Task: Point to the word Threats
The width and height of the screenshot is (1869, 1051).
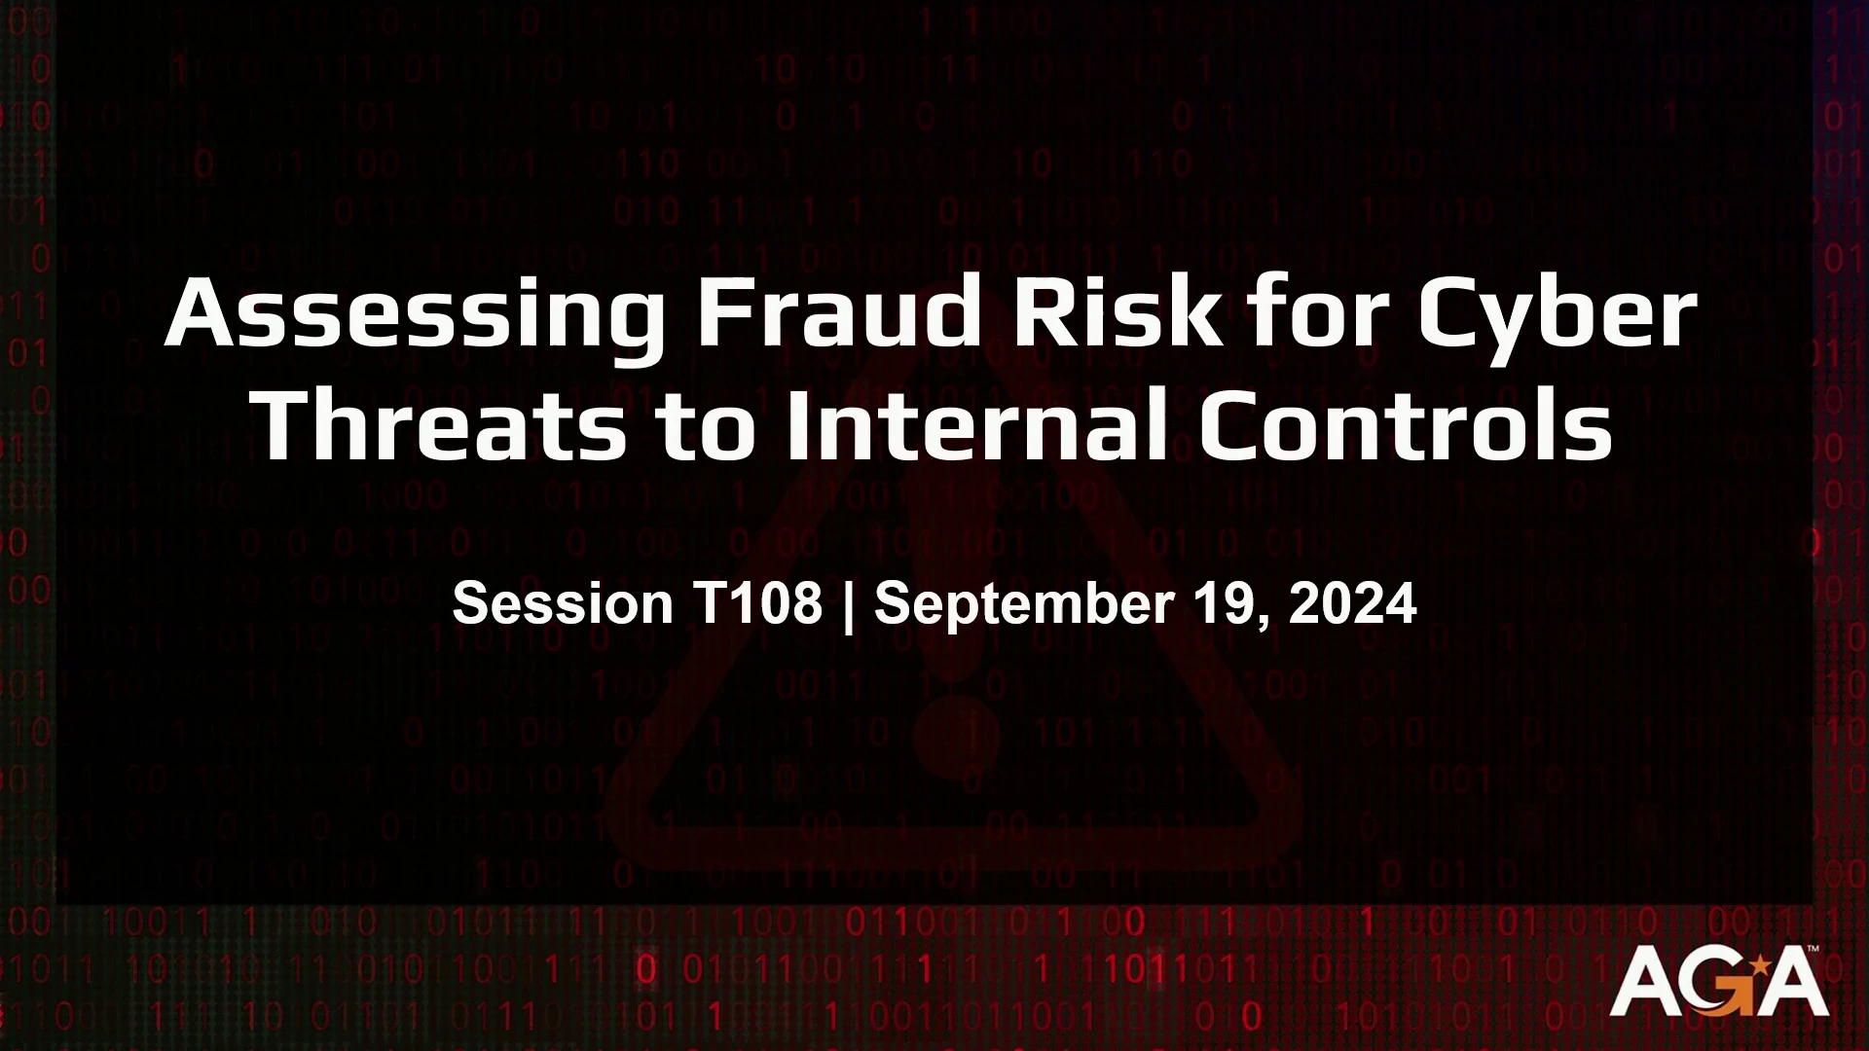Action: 439,424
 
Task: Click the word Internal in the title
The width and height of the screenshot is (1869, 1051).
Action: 974,424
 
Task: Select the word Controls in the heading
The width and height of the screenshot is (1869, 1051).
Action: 1405,424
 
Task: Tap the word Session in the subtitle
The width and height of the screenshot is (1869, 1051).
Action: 563,603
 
